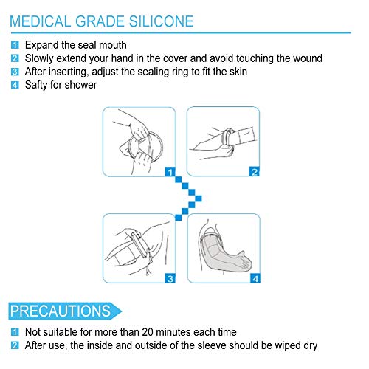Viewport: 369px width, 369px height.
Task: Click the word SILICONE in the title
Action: tap(162, 21)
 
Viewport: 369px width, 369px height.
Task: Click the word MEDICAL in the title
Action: tap(41, 21)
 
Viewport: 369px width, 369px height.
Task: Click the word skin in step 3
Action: tap(238, 72)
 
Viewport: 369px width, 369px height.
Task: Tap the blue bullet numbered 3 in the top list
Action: tap(15, 72)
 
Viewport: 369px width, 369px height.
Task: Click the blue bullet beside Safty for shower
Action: tap(15, 85)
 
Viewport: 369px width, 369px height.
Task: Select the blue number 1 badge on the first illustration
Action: tap(170, 172)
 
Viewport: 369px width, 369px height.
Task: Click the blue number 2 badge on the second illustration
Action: tap(255, 172)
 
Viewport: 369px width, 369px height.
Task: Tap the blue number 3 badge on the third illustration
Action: tap(170, 278)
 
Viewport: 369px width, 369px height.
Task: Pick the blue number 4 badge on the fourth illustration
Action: tap(255, 278)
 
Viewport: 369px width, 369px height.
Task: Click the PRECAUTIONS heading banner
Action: tap(64, 311)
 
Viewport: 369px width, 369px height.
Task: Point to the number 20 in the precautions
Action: tap(148, 332)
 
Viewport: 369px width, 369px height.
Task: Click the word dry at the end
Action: tap(311, 345)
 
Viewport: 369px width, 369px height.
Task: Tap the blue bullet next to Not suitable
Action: tap(15, 332)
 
